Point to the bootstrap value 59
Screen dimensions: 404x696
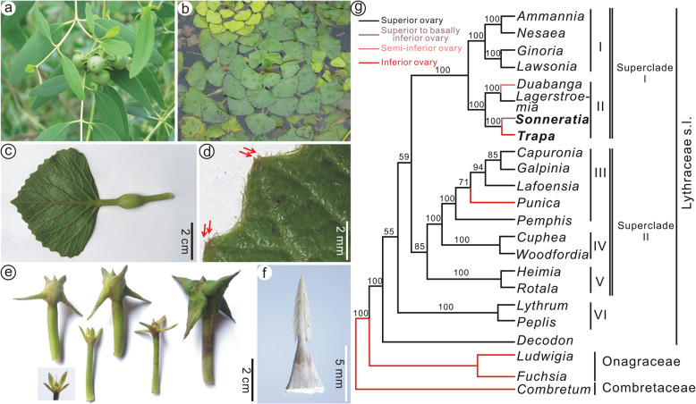(403, 158)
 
